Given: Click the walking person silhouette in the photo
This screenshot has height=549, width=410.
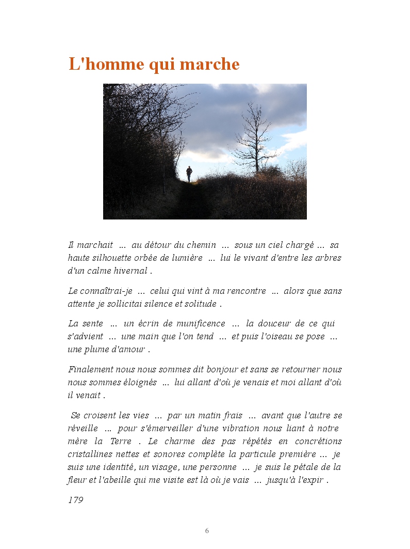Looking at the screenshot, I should tap(189, 174).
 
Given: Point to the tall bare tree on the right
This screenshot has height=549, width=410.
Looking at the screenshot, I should tap(255, 137).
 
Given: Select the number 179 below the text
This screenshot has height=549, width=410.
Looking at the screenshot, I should tap(75, 500).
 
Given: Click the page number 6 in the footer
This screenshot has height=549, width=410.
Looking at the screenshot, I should tap(207, 531).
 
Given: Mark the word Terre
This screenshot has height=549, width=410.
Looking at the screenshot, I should tap(121, 442).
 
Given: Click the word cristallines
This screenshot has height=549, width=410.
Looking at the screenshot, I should tap(94, 454).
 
